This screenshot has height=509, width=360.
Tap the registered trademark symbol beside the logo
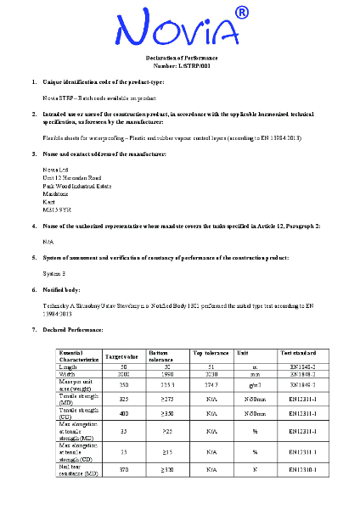241,13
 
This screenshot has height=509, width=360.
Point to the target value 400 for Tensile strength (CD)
124,413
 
